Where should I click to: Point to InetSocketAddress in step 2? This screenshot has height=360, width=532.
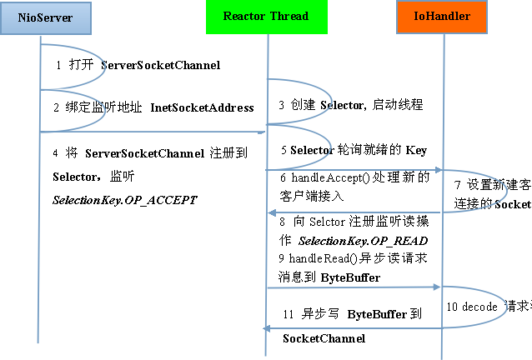tap(202, 107)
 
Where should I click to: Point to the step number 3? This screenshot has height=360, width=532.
tap(282, 105)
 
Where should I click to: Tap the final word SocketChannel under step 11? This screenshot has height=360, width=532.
tap(324, 338)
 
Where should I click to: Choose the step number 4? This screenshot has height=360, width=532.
tap(55, 153)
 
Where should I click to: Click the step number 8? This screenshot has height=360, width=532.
tap(282, 222)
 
